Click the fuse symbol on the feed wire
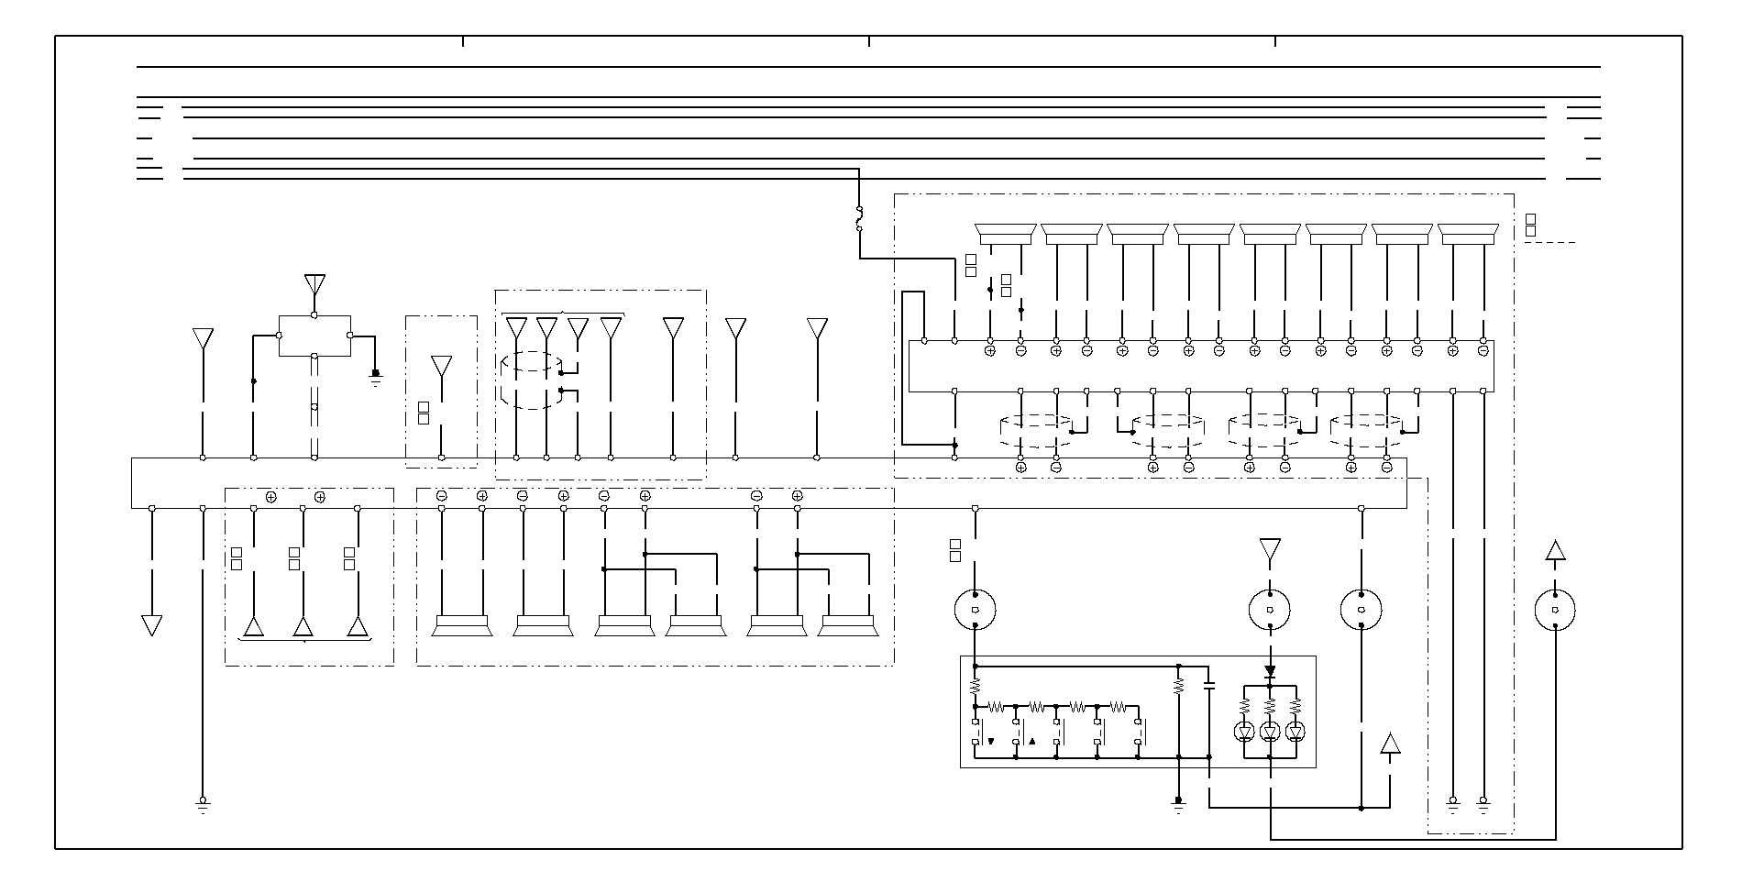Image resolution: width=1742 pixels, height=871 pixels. click(859, 218)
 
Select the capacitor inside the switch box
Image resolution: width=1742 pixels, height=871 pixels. click(1208, 684)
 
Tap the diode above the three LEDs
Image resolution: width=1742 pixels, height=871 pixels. click(1270, 672)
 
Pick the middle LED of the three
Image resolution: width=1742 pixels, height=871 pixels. click(1270, 731)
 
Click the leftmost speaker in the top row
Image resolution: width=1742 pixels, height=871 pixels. click(1006, 235)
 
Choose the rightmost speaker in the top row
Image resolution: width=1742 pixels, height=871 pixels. click(1468, 235)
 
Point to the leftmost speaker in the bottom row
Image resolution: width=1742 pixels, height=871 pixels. click(462, 626)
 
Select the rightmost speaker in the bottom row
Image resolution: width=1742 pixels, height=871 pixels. click(848, 626)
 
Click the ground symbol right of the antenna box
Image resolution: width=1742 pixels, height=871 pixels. click(375, 375)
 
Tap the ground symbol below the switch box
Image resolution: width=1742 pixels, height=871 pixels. click(1179, 805)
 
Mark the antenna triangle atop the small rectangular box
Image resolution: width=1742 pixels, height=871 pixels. click(314, 283)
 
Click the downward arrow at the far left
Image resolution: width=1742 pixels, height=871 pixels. click(152, 625)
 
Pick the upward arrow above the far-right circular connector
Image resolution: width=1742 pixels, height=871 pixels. click(1555, 550)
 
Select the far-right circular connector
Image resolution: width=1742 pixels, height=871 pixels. click(1555, 610)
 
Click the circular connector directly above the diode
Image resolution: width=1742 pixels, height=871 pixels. click(1270, 610)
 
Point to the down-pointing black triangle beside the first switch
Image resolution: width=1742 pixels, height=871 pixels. click(990, 741)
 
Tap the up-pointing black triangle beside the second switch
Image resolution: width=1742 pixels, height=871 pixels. click(1031, 741)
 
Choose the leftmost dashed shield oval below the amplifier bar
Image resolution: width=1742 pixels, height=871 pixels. click(1037, 431)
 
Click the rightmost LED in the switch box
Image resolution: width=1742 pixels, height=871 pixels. click(1295, 731)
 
